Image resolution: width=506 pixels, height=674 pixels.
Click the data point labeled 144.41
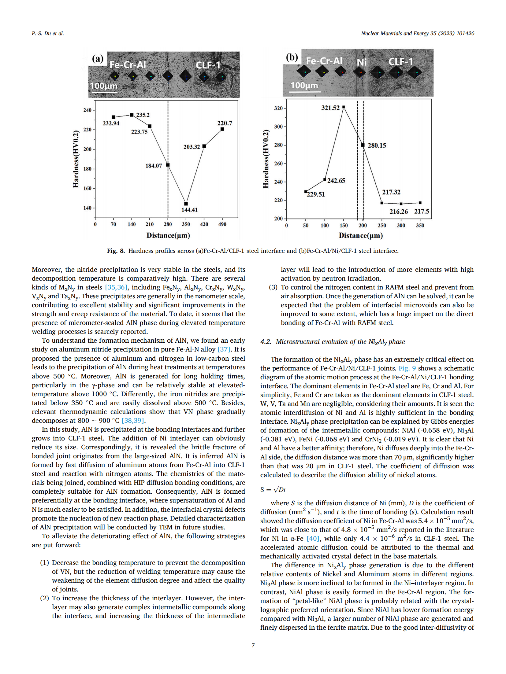click(186, 204)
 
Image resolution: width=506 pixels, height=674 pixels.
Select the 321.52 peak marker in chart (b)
click(344, 107)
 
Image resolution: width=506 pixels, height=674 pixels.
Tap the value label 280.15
click(377, 145)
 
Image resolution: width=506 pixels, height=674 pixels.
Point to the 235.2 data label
click(143, 115)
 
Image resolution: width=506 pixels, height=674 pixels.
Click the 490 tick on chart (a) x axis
click(222, 224)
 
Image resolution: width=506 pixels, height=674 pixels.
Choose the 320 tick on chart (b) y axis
click(278, 108)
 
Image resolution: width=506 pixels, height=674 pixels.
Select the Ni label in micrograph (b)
click(362, 62)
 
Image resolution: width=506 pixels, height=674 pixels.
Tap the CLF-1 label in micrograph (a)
click(208, 65)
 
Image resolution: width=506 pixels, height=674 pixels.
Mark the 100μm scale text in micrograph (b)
click(304, 85)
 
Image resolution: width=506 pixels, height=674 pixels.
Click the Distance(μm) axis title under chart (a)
click(168, 235)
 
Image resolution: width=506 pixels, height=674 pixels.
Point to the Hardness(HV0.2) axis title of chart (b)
click(266, 159)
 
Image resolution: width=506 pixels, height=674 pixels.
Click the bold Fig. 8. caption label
click(116, 251)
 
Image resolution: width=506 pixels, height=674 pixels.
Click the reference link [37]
click(224, 349)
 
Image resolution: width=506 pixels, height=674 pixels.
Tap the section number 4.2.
click(266, 342)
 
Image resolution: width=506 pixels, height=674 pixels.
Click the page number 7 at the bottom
click(253, 645)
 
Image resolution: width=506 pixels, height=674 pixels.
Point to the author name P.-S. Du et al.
click(48, 33)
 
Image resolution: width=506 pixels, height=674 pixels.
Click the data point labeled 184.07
click(168, 165)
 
